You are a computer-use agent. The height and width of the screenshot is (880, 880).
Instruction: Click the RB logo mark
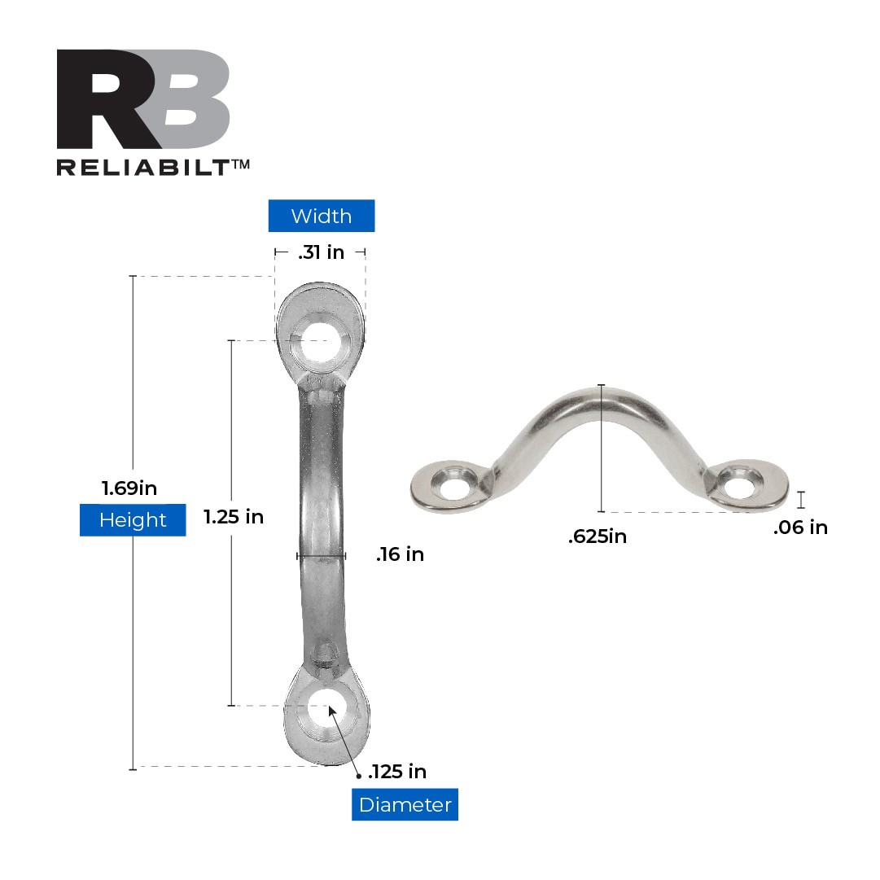(x=143, y=99)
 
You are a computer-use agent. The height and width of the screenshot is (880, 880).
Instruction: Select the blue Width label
(x=322, y=217)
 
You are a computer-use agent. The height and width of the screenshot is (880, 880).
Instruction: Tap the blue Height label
(x=133, y=520)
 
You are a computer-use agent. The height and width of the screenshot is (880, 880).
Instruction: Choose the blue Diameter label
(x=405, y=805)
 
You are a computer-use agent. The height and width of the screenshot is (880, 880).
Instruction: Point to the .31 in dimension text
(x=321, y=252)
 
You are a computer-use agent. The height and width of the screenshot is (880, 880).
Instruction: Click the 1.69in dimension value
(x=129, y=488)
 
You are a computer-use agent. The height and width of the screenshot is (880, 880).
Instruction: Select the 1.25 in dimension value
(x=234, y=517)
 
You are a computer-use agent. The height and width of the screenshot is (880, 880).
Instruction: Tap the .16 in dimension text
(x=400, y=555)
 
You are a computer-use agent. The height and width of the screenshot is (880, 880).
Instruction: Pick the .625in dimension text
(x=598, y=536)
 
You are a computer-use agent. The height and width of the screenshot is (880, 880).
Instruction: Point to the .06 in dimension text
(x=800, y=528)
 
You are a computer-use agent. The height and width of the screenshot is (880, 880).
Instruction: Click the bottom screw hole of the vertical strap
(x=326, y=707)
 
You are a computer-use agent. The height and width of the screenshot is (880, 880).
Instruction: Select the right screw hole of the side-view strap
(x=741, y=485)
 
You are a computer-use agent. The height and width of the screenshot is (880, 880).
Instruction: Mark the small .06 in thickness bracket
(x=801, y=499)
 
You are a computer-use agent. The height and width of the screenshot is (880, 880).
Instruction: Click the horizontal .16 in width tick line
(x=322, y=556)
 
